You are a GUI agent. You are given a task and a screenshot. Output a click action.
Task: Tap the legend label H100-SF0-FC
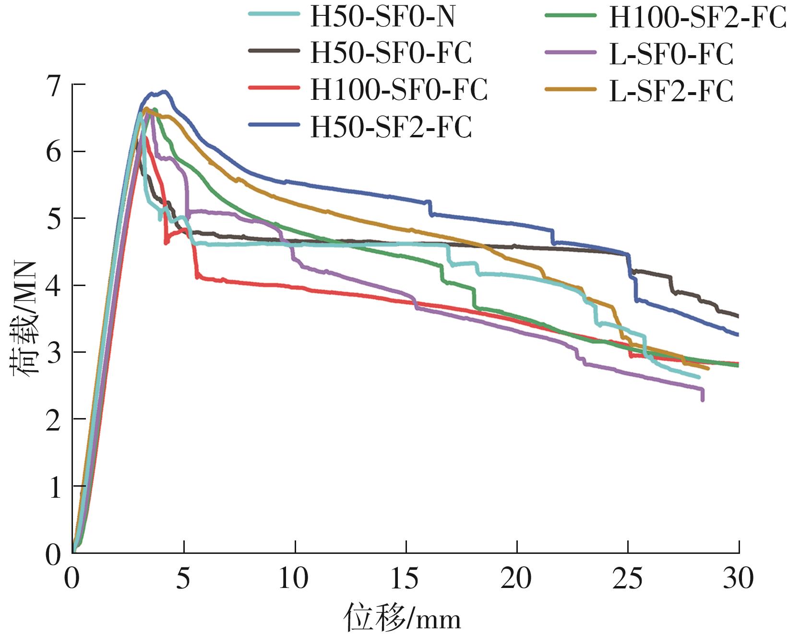[x=399, y=89]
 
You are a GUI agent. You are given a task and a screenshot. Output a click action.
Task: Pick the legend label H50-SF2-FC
[x=391, y=127]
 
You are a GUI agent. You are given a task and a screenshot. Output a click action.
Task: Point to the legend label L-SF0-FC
[x=671, y=53]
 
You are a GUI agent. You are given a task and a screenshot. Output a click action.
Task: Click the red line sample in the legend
[x=274, y=88]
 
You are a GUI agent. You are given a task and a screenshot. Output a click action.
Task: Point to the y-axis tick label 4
[x=54, y=287]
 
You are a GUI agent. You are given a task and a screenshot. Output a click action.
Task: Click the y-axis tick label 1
[x=54, y=487]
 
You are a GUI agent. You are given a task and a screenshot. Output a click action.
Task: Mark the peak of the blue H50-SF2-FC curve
[x=165, y=91]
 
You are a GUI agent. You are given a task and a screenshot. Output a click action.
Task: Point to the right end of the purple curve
[x=703, y=399]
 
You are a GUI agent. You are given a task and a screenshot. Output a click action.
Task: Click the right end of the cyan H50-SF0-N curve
[x=699, y=377]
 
